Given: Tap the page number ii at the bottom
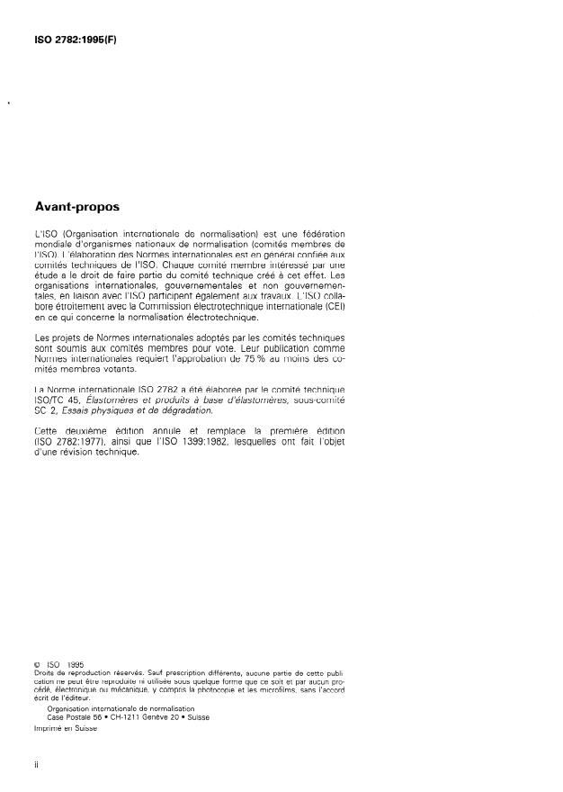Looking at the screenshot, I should tap(36, 767).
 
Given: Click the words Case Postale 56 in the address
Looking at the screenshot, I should tap(73, 715).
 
